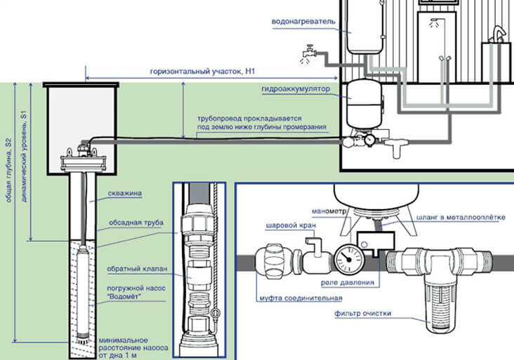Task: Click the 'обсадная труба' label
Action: pos(136,222)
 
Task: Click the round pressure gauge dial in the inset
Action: pos(345,258)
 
